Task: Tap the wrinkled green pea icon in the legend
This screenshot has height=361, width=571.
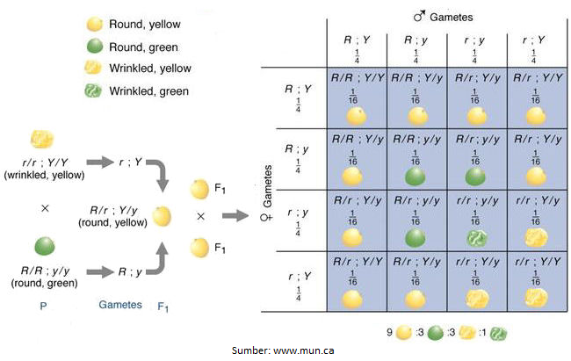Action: pyautogui.click(x=91, y=90)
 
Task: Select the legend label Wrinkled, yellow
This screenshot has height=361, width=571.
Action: pyautogui.click(x=149, y=68)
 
